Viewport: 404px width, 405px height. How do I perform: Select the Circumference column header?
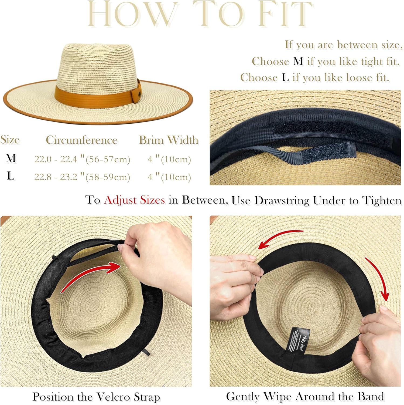[x=81, y=140]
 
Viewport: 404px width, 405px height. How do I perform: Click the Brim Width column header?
[x=169, y=140]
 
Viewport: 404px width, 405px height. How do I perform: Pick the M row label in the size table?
[x=11, y=158]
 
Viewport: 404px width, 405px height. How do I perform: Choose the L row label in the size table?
[x=11, y=176]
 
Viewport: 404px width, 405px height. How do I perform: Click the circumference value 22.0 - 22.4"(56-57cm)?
[x=82, y=159]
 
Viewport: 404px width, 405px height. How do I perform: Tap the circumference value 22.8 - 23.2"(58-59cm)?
[x=82, y=177]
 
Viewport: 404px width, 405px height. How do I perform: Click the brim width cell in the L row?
[x=169, y=177]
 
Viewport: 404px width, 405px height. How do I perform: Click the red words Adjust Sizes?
[x=134, y=200]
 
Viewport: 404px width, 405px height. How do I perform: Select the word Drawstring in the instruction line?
[x=282, y=200]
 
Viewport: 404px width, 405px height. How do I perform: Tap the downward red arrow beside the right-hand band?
[x=378, y=278]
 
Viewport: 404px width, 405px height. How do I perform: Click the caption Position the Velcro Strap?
[x=96, y=397]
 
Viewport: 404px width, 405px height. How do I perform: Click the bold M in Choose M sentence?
[x=298, y=61]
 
